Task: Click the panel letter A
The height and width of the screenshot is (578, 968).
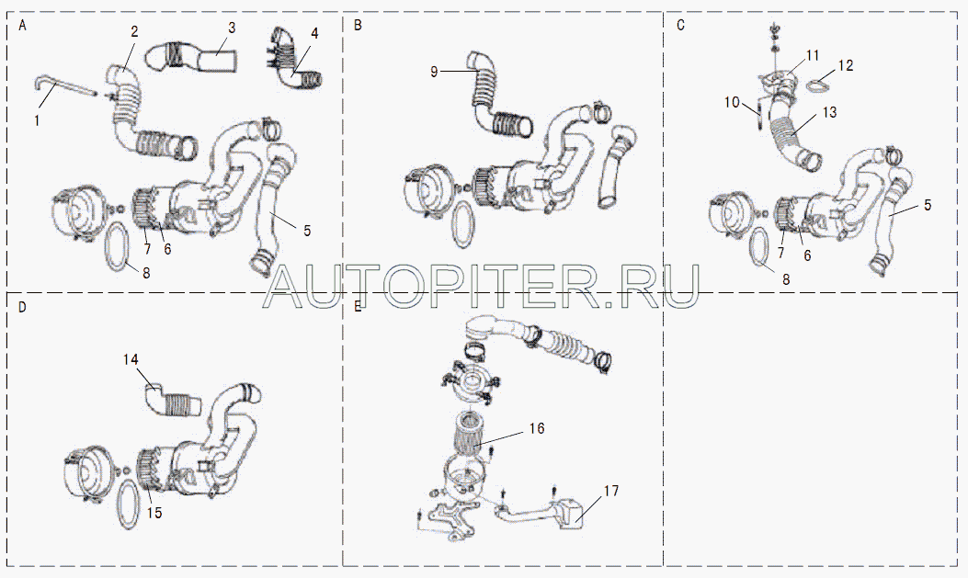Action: pos(23,26)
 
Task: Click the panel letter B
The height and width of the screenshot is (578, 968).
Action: pos(359,26)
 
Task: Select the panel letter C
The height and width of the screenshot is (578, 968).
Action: pos(680,26)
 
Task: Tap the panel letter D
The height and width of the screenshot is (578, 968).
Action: pos(23,307)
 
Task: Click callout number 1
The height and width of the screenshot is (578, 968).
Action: pos(37,120)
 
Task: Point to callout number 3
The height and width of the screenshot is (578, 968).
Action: pos(232,28)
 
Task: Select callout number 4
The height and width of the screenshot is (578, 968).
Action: pos(314,33)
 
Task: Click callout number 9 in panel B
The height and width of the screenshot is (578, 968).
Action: pos(434,73)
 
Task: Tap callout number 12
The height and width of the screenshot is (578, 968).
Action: pos(846,64)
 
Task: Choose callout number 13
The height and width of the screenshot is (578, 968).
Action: pos(830,112)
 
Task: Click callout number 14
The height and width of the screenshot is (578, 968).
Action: pos(131,359)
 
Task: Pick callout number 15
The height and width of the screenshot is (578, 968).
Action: pos(154,513)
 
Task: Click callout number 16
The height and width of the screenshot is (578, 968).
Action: pos(537,427)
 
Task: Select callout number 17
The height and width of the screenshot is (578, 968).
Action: pos(611,491)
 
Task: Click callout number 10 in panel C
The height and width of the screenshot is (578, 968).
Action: pos(732,102)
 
